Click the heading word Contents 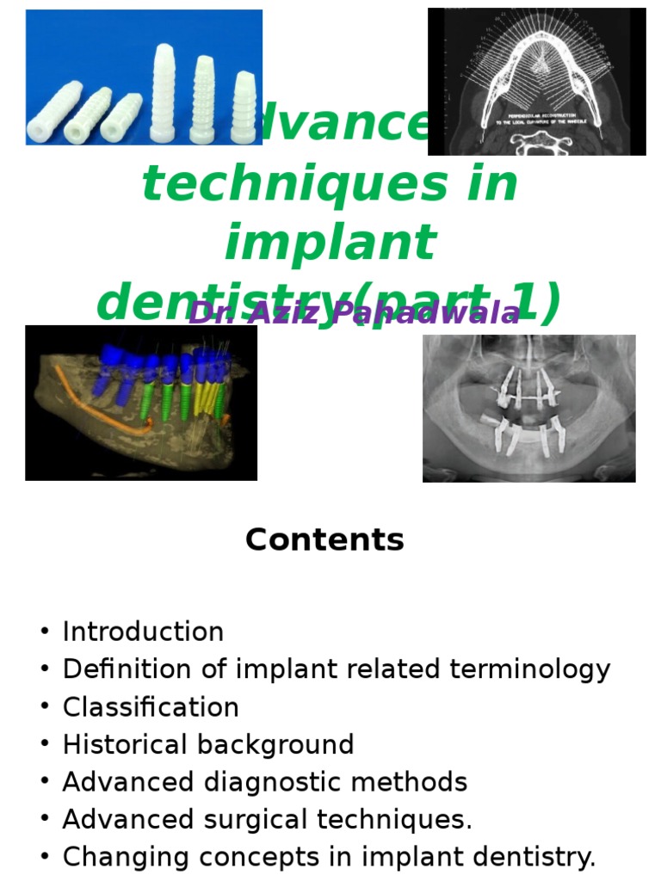(x=324, y=540)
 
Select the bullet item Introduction (x=143, y=631)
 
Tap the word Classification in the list (x=151, y=707)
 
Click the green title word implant (x=330, y=243)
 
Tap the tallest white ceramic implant (x=164, y=92)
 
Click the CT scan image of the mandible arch (x=536, y=82)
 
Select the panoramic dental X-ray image (x=528, y=409)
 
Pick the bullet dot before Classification (x=45, y=708)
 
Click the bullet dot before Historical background (x=45, y=746)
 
